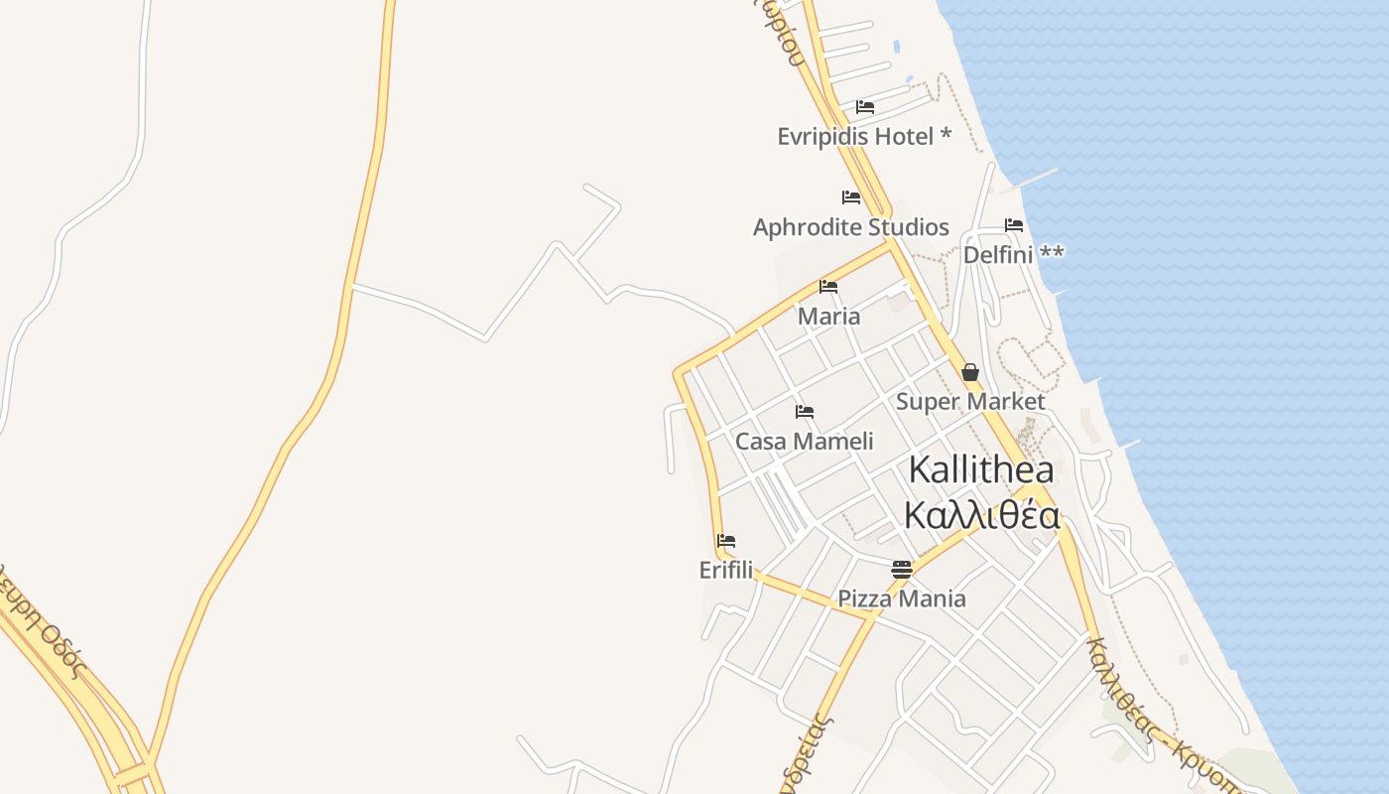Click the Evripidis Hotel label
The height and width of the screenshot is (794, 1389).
(854, 137)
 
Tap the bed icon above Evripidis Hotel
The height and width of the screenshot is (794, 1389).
(865, 107)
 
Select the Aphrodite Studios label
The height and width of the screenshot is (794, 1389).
(850, 227)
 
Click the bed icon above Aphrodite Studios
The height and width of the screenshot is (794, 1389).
(850, 198)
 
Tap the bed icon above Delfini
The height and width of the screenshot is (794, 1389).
(1013, 225)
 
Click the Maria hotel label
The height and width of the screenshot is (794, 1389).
(828, 317)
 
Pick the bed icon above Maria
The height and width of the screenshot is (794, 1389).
(828, 287)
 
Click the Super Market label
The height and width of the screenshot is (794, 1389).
(969, 402)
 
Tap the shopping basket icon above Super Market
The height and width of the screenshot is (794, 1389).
(969, 372)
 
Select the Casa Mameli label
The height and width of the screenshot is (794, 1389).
(804, 442)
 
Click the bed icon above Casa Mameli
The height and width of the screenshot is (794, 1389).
(804, 411)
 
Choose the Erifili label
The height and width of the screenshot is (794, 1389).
(725, 571)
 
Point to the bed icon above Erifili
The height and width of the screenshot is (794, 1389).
(725, 541)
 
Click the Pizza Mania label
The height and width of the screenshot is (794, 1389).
(901, 598)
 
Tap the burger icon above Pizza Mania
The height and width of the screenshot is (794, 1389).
(901, 569)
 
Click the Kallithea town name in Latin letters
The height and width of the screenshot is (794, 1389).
(980, 469)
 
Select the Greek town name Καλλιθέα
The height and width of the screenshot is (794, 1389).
(981, 516)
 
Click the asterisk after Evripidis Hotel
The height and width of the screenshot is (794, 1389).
(946, 134)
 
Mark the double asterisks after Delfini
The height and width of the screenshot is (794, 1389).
(1052, 253)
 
